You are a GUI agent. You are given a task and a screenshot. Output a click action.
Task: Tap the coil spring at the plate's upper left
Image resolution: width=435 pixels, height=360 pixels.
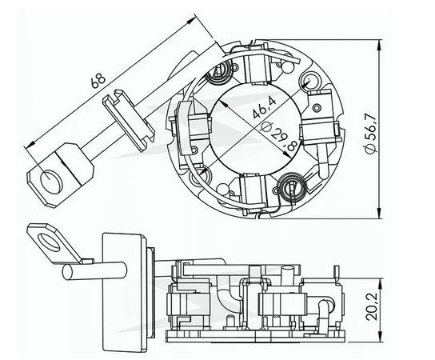tap(217, 76)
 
